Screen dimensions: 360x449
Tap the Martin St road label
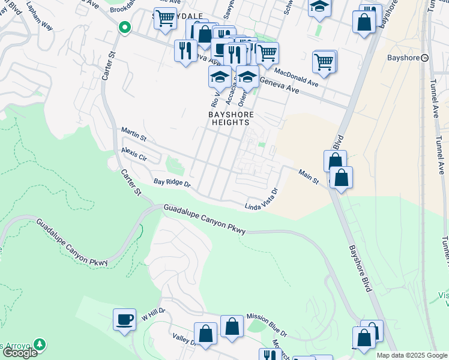tap(134, 134)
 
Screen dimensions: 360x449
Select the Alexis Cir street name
tap(134, 154)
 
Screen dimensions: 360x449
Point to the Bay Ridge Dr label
tap(171, 182)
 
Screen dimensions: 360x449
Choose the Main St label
tap(308, 176)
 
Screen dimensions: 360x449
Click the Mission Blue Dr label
tap(267, 326)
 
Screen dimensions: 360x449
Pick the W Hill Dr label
tap(153, 316)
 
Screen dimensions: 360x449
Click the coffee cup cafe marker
tap(124, 319)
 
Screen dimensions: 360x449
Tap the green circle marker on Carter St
tap(125, 27)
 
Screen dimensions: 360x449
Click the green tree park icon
tap(40, 344)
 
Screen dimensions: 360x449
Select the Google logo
tap(19, 353)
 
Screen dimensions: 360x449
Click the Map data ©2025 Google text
tap(412, 355)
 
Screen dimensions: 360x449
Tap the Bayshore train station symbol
tap(424, 58)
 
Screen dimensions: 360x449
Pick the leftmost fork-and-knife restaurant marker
tap(185, 49)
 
